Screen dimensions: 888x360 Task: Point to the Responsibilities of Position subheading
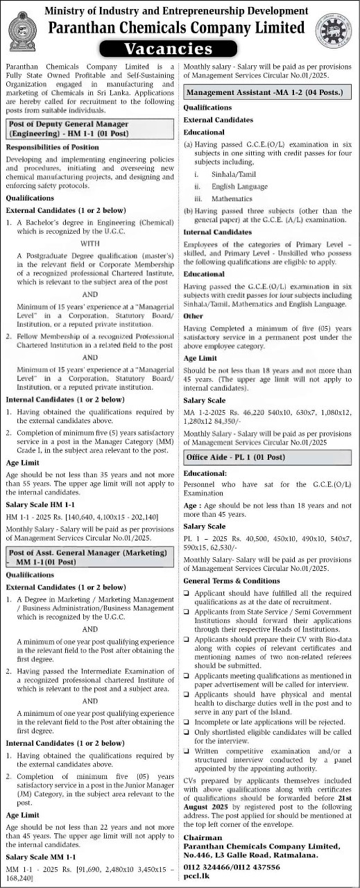point(52,147)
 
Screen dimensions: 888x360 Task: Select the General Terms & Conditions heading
point(232,599)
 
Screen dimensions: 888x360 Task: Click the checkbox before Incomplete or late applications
point(187,721)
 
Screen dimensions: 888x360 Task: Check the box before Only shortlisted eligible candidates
point(187,732)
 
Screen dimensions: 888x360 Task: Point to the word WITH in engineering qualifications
point(90,244)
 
